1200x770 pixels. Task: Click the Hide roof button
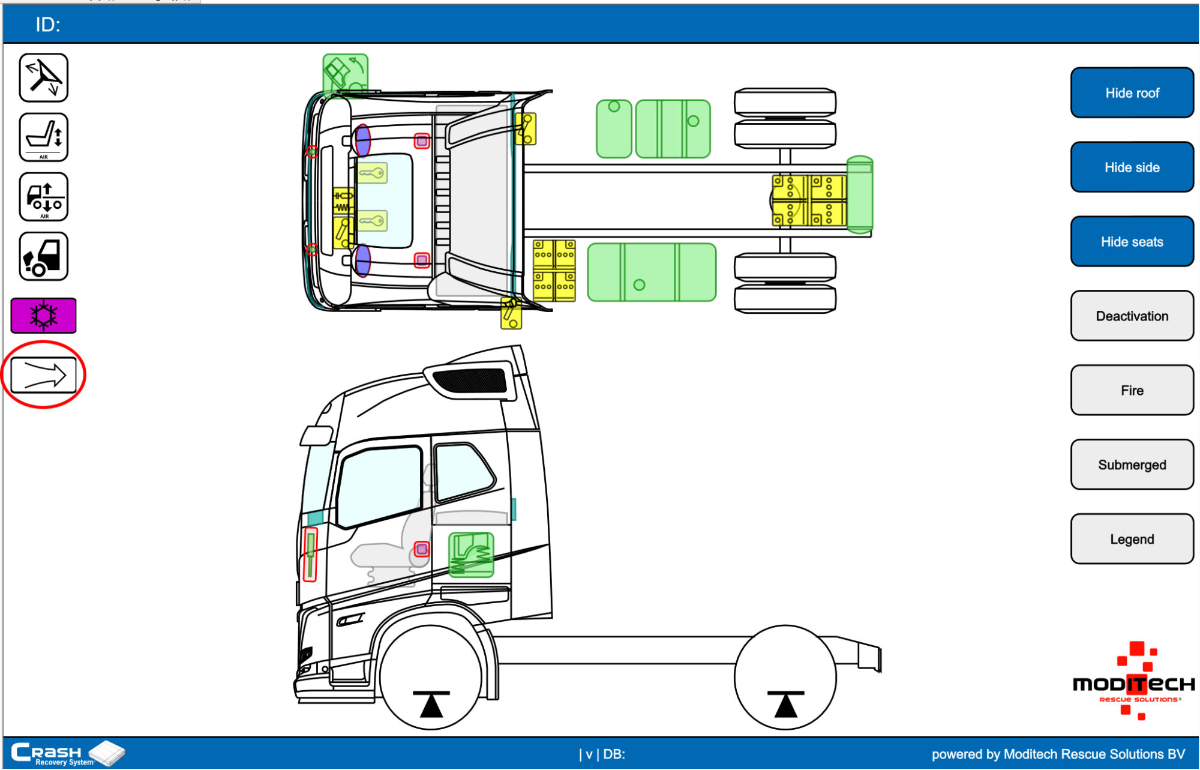point(1132,93)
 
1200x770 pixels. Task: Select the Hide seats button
point(1132,241)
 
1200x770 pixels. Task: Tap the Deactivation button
point(1132,316)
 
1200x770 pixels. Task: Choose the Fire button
point(1132,390)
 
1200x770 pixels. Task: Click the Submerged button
point(1132,465)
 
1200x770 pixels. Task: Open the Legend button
point(1132,539)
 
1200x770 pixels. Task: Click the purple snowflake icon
point(43,315)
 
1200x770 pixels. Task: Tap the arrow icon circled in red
point(43,375)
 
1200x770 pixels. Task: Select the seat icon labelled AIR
point(43,137)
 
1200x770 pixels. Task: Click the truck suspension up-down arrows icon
point(43,197)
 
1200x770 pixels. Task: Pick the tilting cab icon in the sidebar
point(43,257)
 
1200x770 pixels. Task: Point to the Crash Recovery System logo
point(66,754)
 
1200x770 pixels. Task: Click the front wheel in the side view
point(431,677)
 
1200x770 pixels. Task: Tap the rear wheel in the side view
point(785,677)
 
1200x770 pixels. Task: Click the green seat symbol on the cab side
point(471,555)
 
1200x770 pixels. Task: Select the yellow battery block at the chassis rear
point(809,200)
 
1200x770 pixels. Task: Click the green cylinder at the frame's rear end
point(859,194)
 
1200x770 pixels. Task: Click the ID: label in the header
point(48,25)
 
